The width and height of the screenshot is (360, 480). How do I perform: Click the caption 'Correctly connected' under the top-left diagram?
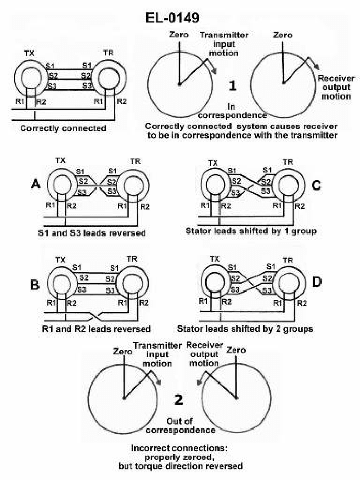tap(63, 128)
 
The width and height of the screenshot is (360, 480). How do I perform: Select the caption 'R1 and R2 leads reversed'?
tap(93, 329)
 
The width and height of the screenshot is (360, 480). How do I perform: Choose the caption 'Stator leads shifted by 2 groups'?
tap(249, 329)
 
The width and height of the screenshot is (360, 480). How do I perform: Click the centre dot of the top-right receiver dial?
tap(283, 83)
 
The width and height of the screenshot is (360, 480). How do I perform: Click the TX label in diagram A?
tap(59, 160)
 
